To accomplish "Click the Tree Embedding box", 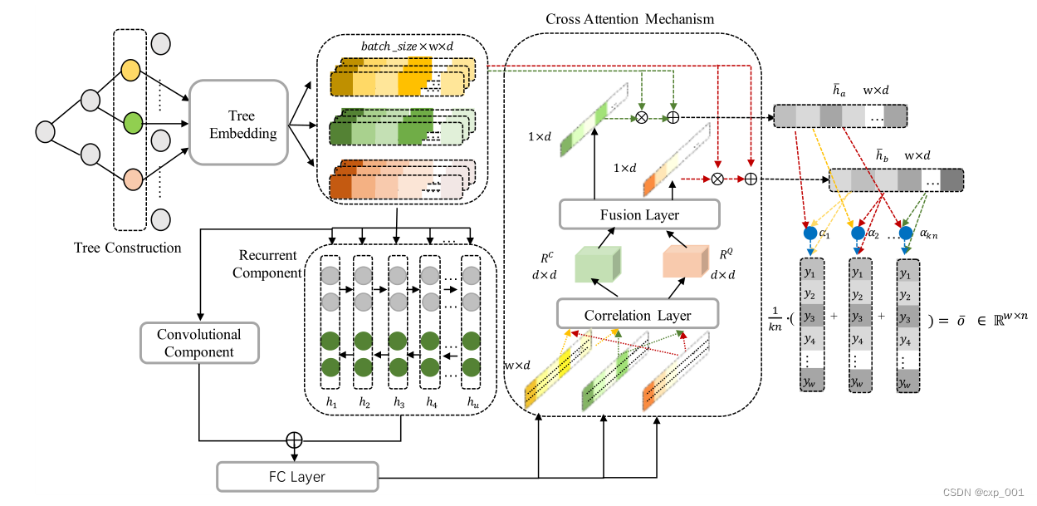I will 242,123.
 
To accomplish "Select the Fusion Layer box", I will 639,215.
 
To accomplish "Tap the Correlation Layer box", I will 638,315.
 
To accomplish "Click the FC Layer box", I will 296,476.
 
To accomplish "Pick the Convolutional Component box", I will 199,343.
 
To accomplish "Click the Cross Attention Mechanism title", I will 629,18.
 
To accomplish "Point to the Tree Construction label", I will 127,248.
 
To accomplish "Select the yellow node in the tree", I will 131,70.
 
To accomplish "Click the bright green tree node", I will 131,124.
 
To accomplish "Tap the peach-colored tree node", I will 131,178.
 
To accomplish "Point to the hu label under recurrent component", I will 472,402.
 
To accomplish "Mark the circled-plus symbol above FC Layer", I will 292,438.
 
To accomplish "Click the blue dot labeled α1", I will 810,233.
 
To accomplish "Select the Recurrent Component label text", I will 267,263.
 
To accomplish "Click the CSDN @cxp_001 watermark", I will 985,492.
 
